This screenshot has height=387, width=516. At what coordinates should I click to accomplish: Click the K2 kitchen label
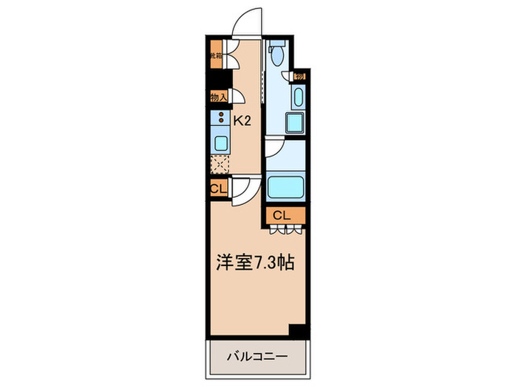(243, 121)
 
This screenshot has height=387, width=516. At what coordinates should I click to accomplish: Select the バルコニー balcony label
(257, 355)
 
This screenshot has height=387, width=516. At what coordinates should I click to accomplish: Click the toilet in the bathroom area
(277, 54)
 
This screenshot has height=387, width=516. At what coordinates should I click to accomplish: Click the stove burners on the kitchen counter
(220, 116)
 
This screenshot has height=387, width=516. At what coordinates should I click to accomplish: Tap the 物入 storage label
(217, 97)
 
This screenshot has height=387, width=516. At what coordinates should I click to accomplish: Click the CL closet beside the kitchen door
(217, 189)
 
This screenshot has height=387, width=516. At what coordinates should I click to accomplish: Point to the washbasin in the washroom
(299, 97)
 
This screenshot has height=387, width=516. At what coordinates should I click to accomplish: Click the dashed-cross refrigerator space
(220, 164)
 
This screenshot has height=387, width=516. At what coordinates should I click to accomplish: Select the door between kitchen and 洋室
(245, 191)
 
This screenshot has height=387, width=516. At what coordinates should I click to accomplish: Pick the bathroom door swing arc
(274, 147)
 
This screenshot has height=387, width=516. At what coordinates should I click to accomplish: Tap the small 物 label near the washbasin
(300, 77)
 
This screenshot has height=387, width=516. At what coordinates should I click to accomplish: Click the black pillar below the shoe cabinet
(214, 77)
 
